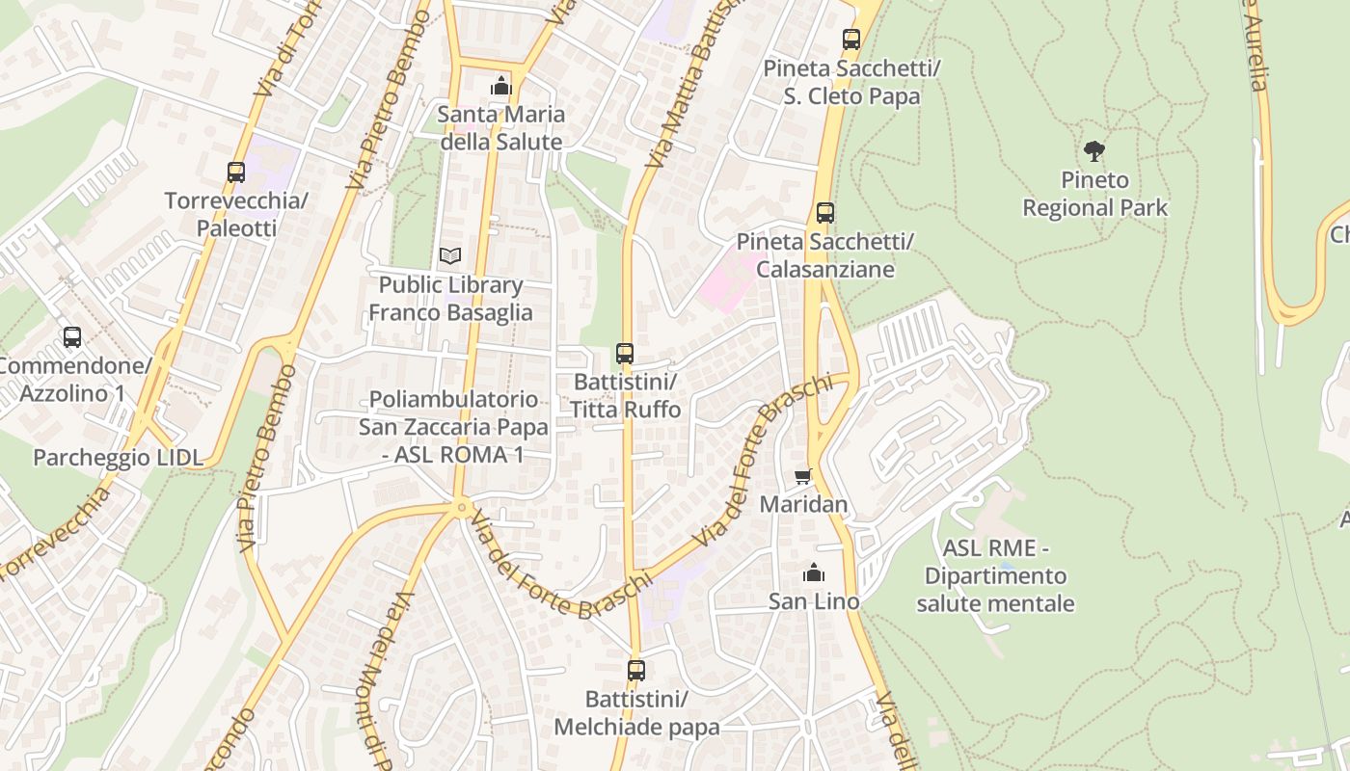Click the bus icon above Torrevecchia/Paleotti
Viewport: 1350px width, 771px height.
point(236,173)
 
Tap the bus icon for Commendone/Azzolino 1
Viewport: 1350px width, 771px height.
point(72,337)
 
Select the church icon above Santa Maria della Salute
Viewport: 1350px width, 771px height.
point(500,87)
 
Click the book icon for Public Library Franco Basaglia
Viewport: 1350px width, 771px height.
point(450,256)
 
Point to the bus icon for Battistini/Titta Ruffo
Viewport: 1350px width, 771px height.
point(625,354)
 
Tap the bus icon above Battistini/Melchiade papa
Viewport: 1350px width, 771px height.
point(636,670)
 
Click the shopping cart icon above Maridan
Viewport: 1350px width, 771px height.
point(803,476)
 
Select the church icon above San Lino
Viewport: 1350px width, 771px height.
point(814,573)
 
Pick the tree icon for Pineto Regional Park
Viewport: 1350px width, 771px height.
point(1093,151)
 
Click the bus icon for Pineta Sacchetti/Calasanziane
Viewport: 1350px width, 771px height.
point(824,213)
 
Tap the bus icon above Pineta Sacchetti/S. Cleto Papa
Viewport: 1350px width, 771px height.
point(850,40)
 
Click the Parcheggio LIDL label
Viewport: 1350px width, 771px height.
point(119,458)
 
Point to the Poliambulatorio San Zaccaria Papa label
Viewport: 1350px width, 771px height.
point(453,426)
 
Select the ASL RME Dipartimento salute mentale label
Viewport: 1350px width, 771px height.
point(995,575)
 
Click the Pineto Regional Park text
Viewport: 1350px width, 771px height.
point(1094,194)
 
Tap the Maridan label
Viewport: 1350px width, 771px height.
point(803,504)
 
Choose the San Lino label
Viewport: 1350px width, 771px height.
point(813,601)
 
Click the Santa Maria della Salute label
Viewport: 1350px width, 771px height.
point(499,128)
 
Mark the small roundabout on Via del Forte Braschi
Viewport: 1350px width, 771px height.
point(463,506)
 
